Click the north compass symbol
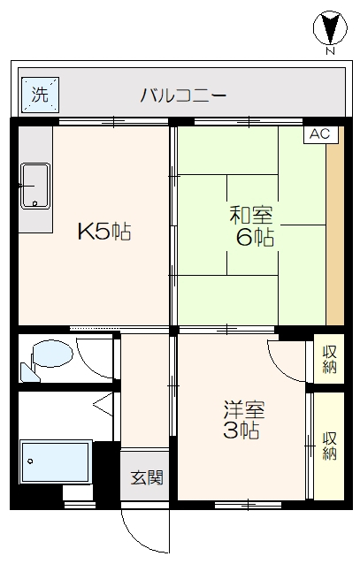[x=330, y=28]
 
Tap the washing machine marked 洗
[x=40, y=95]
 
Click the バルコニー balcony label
[x=183, y=95]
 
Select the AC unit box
[x=320, y=134]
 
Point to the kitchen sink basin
[x=35, y=186]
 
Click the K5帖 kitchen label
[x=104, y=232]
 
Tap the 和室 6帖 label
[x=251, y=226]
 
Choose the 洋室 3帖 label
[x=244, y=420]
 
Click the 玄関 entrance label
[x=147, y=477]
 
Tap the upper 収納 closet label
[x=329, y=359]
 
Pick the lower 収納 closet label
[x=329, y=446]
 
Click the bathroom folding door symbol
[x=104, y=404]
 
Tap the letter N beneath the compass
[x=330, y=51]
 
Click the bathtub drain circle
[x=30, y=461]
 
